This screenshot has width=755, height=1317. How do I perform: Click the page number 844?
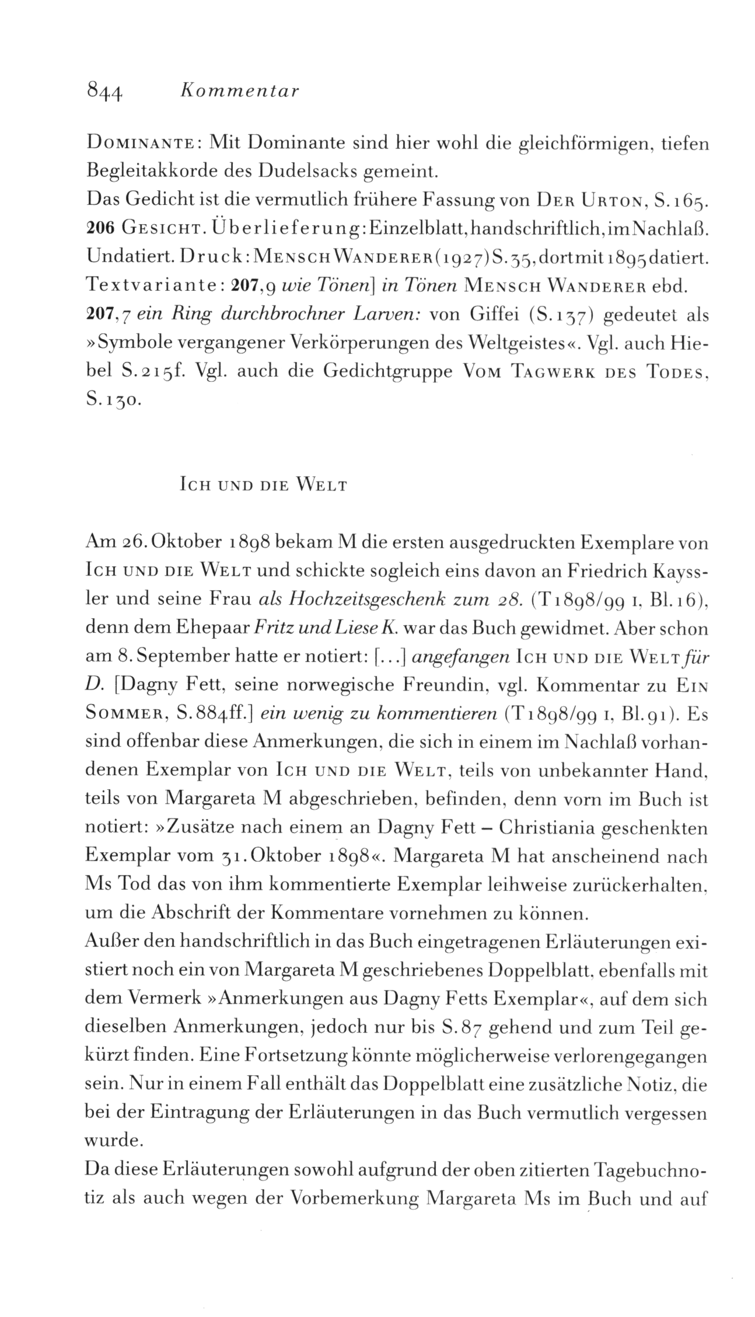(x=104, y=92)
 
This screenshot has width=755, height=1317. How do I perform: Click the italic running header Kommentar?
(x=240, y=92)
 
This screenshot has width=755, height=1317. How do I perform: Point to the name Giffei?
(x=491, y=316)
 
